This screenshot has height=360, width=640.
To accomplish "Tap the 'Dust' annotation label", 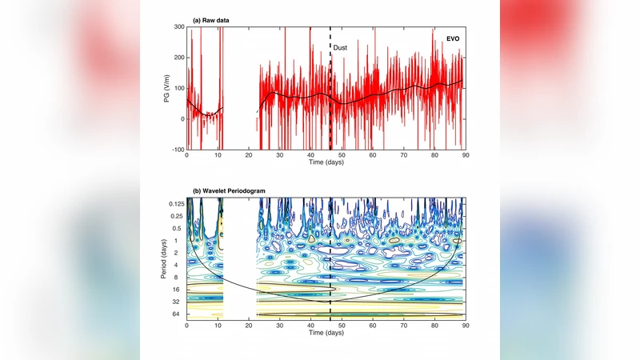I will [340, 48].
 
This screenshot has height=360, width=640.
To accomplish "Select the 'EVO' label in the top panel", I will [453, 38].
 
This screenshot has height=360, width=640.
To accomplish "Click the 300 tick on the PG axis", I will [178, 26].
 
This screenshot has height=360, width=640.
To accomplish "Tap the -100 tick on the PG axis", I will [177, 150].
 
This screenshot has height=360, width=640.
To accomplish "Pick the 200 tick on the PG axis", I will [178, 58].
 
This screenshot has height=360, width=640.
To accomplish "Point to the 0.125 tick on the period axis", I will [174, 204].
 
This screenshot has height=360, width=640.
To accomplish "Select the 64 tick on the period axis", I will [179, 315].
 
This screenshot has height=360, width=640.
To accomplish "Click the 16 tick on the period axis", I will [179, 290].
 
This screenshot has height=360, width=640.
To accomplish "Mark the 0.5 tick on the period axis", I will [178, 228].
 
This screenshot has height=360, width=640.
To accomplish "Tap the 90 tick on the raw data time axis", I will [466, 155].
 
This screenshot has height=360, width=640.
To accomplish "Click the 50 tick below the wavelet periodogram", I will [342, 326].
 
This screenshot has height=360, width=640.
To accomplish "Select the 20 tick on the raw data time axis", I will [249, 155].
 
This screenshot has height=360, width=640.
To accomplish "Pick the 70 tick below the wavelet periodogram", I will [403, 326].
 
